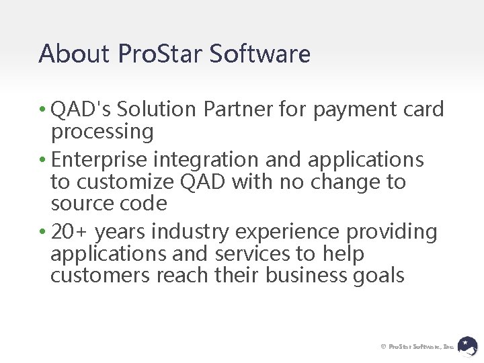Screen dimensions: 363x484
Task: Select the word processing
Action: click(x=102, y=132)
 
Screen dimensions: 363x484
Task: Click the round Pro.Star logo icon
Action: click(x=467, y=346)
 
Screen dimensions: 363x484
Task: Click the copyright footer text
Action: click(x=417, y=347)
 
